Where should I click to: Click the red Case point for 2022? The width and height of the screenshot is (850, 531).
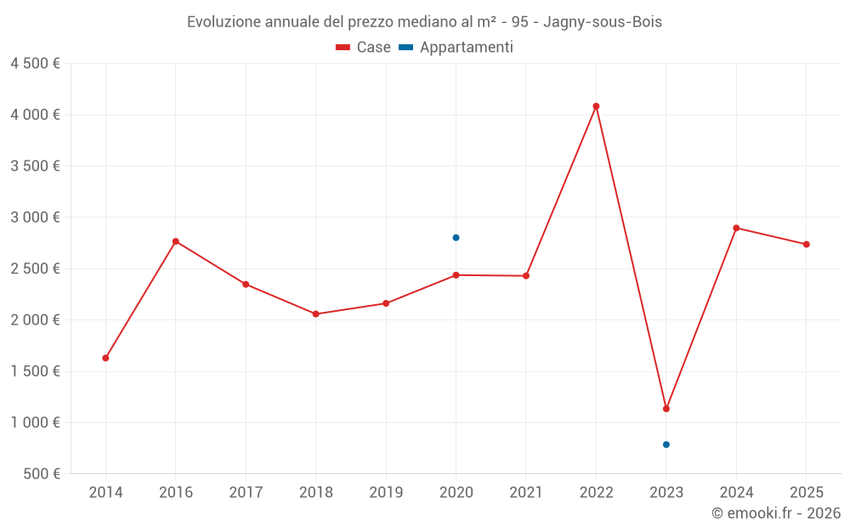click(596, 106)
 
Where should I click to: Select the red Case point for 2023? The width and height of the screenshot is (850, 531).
click(666, 409)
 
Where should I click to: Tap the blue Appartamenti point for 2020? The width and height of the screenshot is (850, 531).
click(456, 238)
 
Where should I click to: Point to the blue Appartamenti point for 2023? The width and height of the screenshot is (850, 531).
click(666, 444)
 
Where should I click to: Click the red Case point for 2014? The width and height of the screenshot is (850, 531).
click(105, 358)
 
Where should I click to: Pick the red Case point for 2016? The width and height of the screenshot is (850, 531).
click(176, 241)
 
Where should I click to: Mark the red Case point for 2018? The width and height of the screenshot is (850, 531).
click(315, 314)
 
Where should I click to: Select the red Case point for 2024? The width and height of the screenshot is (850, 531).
click(736, 228)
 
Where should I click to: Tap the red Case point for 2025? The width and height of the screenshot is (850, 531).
click(807, 245)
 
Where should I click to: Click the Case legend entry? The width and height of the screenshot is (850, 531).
click(363, 48)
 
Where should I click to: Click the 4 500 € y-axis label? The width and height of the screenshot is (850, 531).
click(35, 64)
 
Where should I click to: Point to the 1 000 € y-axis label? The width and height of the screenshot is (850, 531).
click(35, 422)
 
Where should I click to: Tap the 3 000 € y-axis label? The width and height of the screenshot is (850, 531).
click(35, 217)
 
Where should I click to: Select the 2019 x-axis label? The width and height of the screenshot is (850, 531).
click(386, 493)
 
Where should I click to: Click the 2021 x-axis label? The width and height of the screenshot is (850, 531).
click(526, 493)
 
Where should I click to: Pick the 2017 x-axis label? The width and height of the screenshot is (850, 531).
click(246, 493)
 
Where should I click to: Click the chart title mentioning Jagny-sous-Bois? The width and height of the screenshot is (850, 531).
click(424, 22)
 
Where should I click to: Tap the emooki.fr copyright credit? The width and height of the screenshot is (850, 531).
click(775, 513)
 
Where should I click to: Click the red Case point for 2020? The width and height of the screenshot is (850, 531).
click(456, 275)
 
